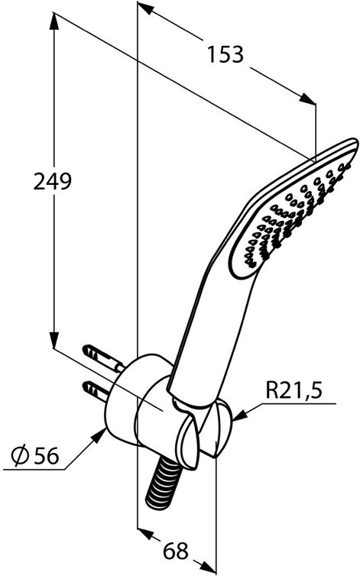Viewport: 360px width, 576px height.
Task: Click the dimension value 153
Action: pyautogui.click(x=225, y=55)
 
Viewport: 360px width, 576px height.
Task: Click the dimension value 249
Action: pyautogui.click(x=52, y=181)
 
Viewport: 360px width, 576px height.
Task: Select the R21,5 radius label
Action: pyautogui.click(x=294, y=390)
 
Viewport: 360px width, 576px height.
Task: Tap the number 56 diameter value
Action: pyautogui.click(x=46, y=456)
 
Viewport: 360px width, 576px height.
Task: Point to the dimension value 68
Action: pyautogui.click(x=175, y=551)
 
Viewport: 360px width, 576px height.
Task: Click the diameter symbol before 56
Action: pyautogui.click(x=21, y=456)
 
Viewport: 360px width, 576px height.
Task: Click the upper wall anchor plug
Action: pyautogui.click(x=104, y=358)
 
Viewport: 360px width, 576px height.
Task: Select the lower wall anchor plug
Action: pyautogui.click(x=96, y=392)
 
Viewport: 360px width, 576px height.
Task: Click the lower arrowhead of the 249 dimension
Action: pyautogui.click(x=54, y=338)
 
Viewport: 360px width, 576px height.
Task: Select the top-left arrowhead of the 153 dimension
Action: pyautogui.click(x=145, y=8)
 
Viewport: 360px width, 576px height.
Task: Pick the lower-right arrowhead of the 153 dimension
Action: pyautogui.click(x=307, y=99)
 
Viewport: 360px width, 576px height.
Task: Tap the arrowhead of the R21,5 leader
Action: pyautogui.click(x=240, y=416)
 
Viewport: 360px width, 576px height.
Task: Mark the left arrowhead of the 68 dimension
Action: pyautogui.click(x=144, y=533)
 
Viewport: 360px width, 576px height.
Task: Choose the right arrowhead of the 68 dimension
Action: pyautogui.click(x=208, y=568)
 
